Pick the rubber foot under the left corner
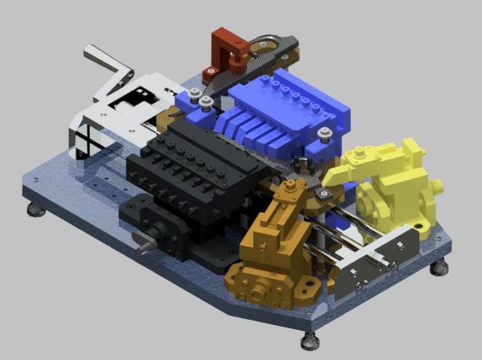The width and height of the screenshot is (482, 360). tap(36, 210)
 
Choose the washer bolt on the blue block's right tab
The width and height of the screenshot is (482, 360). tap(324, 133)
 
